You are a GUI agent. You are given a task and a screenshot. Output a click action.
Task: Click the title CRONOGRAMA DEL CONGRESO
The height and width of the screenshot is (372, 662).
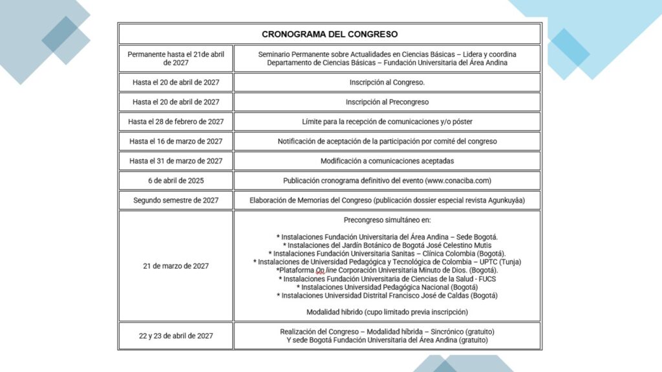[330, 34]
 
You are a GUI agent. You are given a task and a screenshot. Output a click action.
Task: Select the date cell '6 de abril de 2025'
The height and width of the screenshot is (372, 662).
[176, 181]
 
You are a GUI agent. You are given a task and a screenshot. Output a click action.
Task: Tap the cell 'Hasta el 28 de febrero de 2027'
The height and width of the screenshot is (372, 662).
[176, 121]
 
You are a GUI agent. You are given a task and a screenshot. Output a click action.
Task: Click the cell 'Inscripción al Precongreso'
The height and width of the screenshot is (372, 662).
[387, 102]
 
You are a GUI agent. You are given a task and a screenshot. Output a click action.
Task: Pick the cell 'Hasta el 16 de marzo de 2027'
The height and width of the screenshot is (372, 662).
[176, 141]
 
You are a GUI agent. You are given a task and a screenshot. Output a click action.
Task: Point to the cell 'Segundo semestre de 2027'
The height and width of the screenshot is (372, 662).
[176, 200]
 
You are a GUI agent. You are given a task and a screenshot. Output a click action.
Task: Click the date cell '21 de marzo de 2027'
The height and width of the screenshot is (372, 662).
[176, 266]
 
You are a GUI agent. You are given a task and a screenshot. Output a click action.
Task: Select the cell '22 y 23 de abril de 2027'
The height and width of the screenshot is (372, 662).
[176, 336]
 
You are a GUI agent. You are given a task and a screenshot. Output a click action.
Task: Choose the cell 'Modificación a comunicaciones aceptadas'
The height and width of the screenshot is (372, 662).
[387, 161]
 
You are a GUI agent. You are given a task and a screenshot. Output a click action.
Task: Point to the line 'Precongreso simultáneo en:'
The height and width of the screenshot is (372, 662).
[387, 220]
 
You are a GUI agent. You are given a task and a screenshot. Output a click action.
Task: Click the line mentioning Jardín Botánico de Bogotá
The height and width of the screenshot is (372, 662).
[387, 245]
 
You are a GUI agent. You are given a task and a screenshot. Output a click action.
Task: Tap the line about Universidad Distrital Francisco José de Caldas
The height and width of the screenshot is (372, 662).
[387, 296]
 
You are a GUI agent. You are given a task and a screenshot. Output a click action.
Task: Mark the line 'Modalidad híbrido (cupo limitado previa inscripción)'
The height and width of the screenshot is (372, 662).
[387, 312]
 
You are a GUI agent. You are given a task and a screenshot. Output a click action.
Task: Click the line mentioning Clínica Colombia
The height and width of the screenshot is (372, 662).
[387, 254]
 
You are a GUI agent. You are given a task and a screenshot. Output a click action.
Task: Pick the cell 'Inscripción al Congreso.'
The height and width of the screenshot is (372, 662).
[387, 83]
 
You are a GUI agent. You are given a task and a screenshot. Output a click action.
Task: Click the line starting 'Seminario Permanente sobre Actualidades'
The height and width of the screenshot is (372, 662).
[387, 54]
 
